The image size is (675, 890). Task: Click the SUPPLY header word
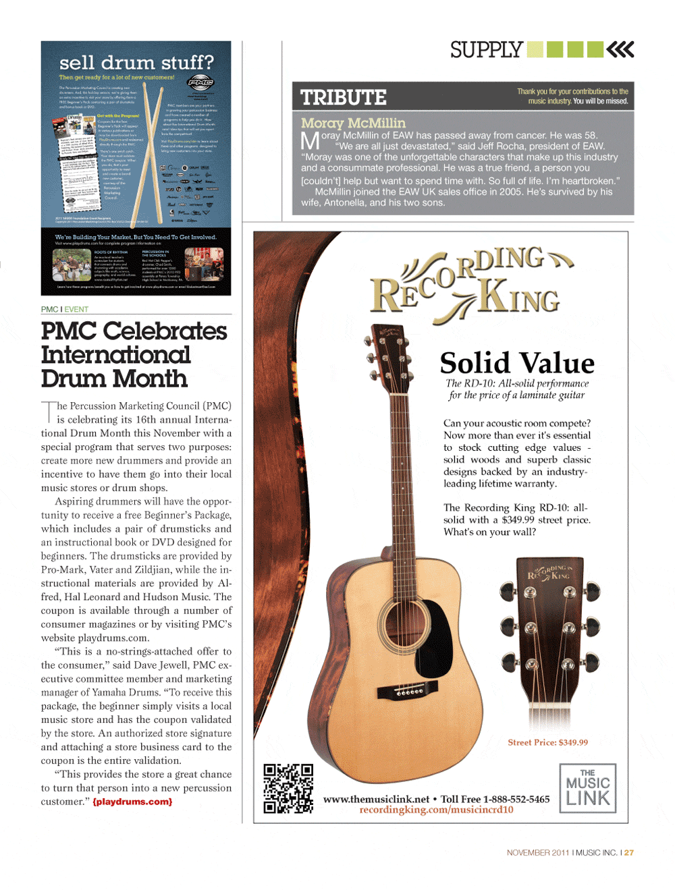(x=487, y=50)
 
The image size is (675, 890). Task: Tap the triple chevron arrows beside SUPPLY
(x=620, y=49)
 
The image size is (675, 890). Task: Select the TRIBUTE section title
(x=344, y=98)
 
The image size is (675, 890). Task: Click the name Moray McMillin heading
(x=353, y=123)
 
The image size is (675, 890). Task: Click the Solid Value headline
(x=517, y=363)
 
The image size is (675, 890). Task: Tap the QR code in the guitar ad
(x=288, y=788)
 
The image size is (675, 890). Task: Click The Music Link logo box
(x=588, y=788)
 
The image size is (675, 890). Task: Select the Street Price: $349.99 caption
(x=547, y=742)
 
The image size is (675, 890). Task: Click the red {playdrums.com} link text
(x=132, y=802)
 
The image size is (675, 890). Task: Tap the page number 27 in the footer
(x=629, y=853)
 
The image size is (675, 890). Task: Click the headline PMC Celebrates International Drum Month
(x=134, y=355)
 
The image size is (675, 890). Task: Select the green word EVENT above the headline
(x=76, y=310)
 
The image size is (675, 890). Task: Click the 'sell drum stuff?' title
(x=136, y=63)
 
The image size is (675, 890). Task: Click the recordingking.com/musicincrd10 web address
(x=436, y=810)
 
